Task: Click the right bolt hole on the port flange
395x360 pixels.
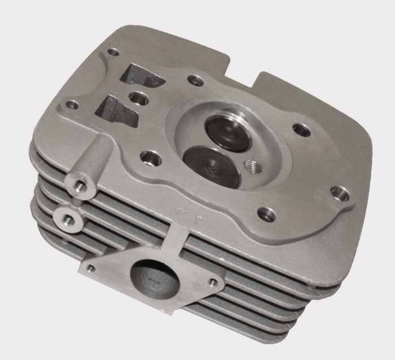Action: (213, 282)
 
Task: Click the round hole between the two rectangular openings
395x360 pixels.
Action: (137, 98)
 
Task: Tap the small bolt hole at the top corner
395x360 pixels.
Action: (113, 52)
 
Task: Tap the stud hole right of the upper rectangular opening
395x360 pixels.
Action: (195, 81)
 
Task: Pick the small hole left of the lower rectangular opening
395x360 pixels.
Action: (72, 104)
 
